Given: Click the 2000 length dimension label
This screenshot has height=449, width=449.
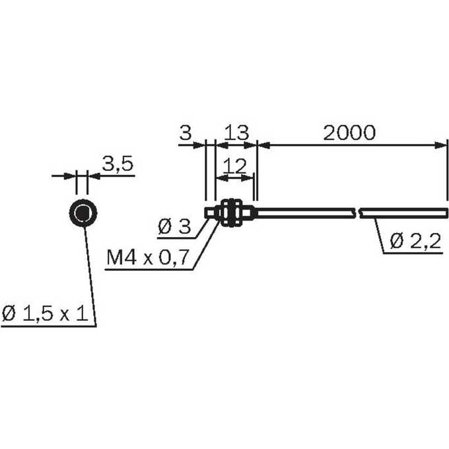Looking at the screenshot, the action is [x=349, y=133].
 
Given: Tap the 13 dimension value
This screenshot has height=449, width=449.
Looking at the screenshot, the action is [x=236, y=133].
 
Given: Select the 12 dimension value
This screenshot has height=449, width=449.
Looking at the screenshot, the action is [x=234, y=166].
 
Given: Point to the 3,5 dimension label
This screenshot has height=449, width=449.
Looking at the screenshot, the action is [x=118, y=164].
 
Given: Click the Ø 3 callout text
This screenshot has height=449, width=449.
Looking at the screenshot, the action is [x=174, y=226].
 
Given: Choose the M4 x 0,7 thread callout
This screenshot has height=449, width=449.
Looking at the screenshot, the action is [x=148, y=257].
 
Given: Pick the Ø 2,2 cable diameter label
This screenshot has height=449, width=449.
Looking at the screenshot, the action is [x=415, y=241].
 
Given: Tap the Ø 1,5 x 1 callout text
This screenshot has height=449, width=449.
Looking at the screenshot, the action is [x=45, y=313].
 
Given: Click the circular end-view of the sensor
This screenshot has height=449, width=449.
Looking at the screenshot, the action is [x=83, y=213].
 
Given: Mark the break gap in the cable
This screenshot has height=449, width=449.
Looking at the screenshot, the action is [x=358, y=213].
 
